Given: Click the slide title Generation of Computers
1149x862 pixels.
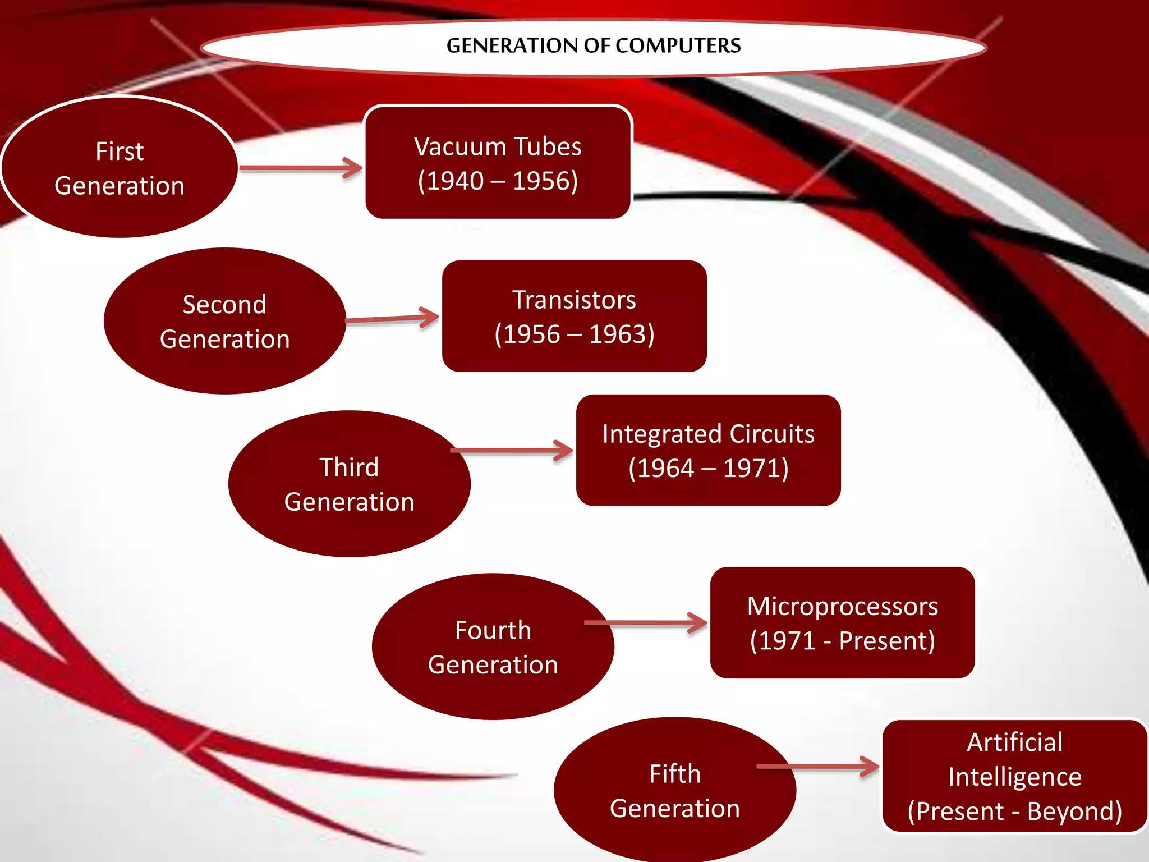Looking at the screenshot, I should tap(593, 45).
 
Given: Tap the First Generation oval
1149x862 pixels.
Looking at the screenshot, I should tap(119, 168).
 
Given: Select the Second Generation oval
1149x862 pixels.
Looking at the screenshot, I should tap(224, 321).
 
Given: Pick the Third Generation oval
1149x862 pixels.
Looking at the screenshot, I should tap(349, 484).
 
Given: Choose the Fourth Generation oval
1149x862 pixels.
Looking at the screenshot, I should tap(493, 646).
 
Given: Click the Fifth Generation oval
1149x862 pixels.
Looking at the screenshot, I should tap(674, 790).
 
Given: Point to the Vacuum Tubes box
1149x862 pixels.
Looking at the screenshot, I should tap(498, 163).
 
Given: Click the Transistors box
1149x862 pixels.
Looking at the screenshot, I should tap(574, 316).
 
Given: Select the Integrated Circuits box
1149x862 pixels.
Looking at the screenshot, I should tap(708, 450).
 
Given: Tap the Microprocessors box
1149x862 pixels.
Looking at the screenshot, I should tap(842, 622).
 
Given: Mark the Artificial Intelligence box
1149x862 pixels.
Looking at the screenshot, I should tap(1014, 776).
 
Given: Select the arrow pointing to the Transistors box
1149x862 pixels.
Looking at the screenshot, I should tap(392, 319).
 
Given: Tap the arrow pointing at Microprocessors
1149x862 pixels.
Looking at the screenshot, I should tap(645, 622).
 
